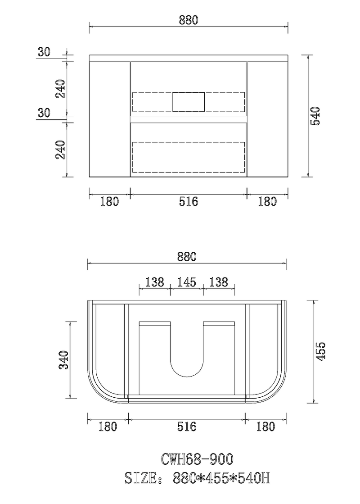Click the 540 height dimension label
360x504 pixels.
tap(315, 116)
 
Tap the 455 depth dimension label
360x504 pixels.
tap(320, 351)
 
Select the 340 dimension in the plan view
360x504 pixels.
tap(63, 360)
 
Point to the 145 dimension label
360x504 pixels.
tap(187, 282)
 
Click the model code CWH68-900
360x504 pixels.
tap(197, 459)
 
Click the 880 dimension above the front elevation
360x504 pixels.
tap(189, 20)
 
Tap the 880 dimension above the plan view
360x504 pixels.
tap(187, 256)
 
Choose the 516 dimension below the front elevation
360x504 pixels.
tap(189, 201)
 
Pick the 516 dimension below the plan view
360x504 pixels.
tap(187, 427)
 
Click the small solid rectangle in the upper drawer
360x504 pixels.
tap(189, 102)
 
